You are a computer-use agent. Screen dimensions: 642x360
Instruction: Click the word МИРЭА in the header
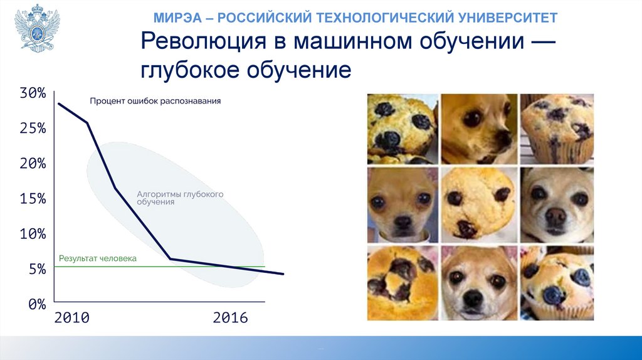[178, 18]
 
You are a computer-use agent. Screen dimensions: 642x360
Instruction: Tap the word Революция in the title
[204, 41]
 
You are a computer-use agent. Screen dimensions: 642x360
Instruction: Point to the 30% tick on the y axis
[33, 93]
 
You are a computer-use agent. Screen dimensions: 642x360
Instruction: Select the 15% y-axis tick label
[33, 199]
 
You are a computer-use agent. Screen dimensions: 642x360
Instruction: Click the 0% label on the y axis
[37, 304]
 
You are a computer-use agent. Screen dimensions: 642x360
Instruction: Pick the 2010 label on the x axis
[71, 318]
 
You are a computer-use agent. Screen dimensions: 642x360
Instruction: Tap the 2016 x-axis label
[230, 318]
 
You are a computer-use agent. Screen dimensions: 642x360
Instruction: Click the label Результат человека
[97, 258]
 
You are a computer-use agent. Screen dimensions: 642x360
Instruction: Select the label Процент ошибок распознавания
[155, 101]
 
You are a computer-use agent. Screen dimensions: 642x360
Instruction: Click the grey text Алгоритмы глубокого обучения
[180, 198]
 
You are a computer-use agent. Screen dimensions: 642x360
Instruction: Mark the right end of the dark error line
[283, 274]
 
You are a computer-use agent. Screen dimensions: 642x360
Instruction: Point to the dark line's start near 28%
[58, 103]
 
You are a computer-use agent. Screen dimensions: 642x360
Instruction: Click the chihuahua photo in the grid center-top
[479, 129]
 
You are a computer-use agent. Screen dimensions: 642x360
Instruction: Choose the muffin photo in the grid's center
[479, 205]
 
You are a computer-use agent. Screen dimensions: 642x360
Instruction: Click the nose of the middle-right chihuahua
[556, 214]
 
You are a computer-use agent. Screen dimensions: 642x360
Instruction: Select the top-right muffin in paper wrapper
[557, 129]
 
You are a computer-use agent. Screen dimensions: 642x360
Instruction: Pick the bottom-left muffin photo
[403, 283]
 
